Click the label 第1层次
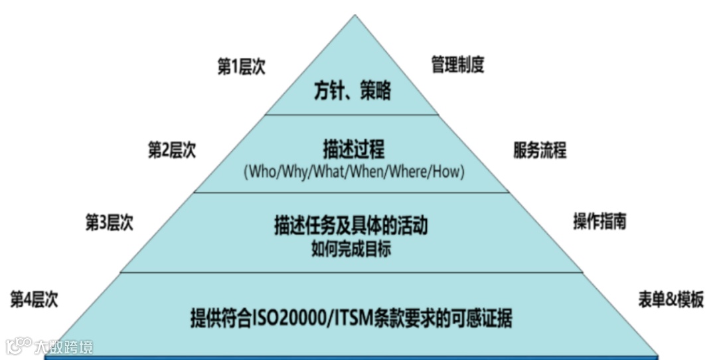pos(241,66)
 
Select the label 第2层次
pos(171,149)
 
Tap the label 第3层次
pos(109,223)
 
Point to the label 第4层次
pos(34,299)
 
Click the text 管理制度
pos(457,65)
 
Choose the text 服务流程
pos(540,150)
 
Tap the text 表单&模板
pos(671,300)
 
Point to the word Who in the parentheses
pos(258,172)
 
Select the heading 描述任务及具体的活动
pos(351,225)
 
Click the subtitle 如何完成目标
pos(351,249)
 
